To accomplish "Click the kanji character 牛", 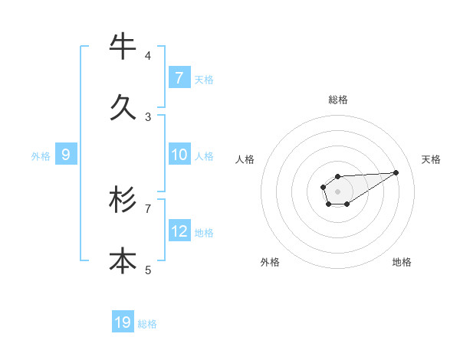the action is pyautogui.click(x=123, y=47).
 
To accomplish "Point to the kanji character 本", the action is pyautogui.click(x=123, y=261).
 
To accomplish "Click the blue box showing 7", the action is pyautogui.click(x=179, y=77).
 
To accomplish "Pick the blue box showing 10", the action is pyautogui.click(x=179, y=155).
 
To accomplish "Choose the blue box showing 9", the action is pyautogui.click(x=66, y=155).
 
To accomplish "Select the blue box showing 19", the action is pyautogui.click(x=123, y=322).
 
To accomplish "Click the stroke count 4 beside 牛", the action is pyautogui.click(x=148, y=56).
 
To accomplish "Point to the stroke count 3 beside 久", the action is pyautogui.click(x=148, y=117).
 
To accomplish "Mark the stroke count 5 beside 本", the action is pyautogui.click(x=148, y=270).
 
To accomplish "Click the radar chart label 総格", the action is pyautogui.click(x=338, y=100).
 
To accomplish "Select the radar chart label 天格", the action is pyautogui.click(x=431, y=159).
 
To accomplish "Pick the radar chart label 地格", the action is pyautogui.click(x=402, y=262).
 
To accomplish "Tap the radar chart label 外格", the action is pyautogui.click(x=270, y=262).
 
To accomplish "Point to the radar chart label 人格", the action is pyautogui.click(x=245, y=159).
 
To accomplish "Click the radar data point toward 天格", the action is pyautogui.click(x=396, y=172).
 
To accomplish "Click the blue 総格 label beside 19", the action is pyautogui.click(x=147, y=324).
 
